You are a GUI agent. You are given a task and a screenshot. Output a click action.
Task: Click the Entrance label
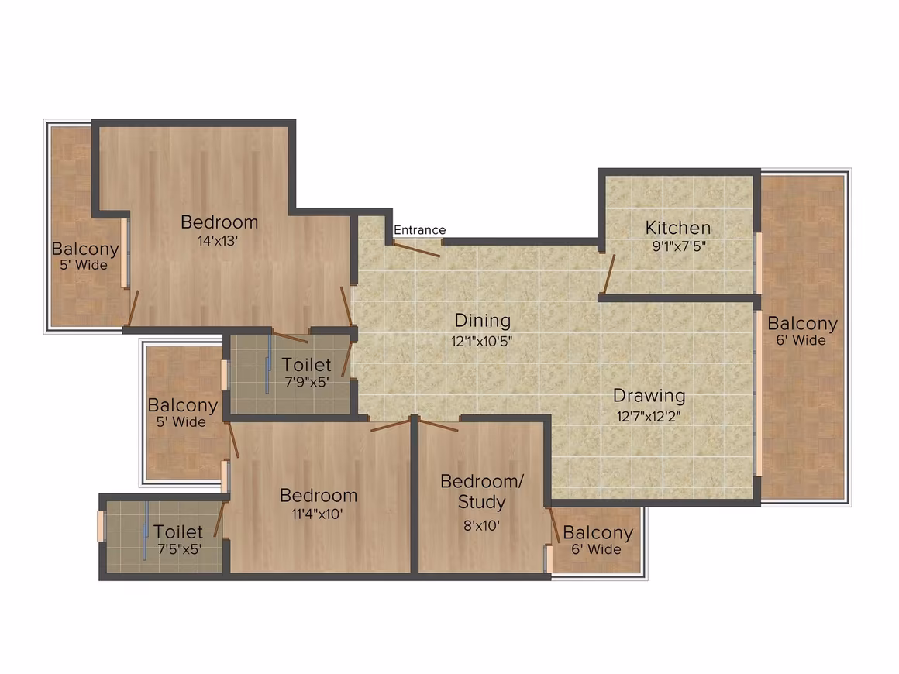pyautogui.click(x=420, y=230)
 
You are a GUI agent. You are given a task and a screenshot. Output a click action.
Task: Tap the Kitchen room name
pyautogui.click(x=677, y=228)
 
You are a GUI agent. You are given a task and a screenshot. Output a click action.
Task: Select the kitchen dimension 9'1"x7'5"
pyautogui.click(x=678, y=246)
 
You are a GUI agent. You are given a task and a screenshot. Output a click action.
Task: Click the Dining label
pyautogui.click(x=482, y=321)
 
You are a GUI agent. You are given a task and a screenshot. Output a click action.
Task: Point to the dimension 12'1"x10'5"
pyautogui.click(x=481, y=341)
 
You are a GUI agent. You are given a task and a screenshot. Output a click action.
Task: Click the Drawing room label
pyautogui.click(x=649, y=395)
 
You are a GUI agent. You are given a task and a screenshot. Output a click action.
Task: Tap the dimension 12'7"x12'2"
pyautogui.click(x=649, y=416)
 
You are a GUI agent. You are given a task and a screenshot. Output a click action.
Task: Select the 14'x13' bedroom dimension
pyautogui.click(x=218, y=241)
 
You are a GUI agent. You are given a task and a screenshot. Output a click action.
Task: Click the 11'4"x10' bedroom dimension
pyautogui.click(x=317, y=514)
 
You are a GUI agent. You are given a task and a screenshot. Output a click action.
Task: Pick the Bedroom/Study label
pyautogui.click(x=481, y=491)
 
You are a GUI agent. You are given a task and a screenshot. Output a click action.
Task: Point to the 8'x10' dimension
pyautogui.click(x=481, y=525)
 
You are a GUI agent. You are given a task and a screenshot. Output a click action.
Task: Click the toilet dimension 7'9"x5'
pyautogui.click(x=307, y=382)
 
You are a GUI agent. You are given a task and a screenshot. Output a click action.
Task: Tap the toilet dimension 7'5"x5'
pyautogui.click(x=180, y=549)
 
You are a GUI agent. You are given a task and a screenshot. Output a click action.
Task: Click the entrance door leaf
pyautogui.click(x=417, y=249)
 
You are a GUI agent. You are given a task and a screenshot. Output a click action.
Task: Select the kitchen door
pyautogui.click(x=608, y=274)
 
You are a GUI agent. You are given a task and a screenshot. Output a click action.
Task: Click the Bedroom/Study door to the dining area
pyautogui.click(x=439, y=425)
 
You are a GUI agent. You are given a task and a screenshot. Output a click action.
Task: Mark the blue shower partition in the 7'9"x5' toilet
pyautogui.click(x=267, y=364)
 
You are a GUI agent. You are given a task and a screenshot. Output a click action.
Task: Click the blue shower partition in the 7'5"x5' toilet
pyautogui.click(x=146, y=531)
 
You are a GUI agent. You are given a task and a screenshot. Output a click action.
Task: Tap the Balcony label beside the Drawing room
pyautogui.click(x=802, y=323)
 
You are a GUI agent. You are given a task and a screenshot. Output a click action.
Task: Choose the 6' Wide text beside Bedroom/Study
pyautogui.click(x=596, y=549)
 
